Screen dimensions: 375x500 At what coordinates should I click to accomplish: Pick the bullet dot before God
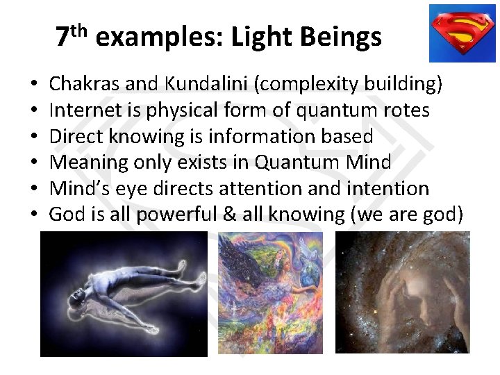tap(34, 215)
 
